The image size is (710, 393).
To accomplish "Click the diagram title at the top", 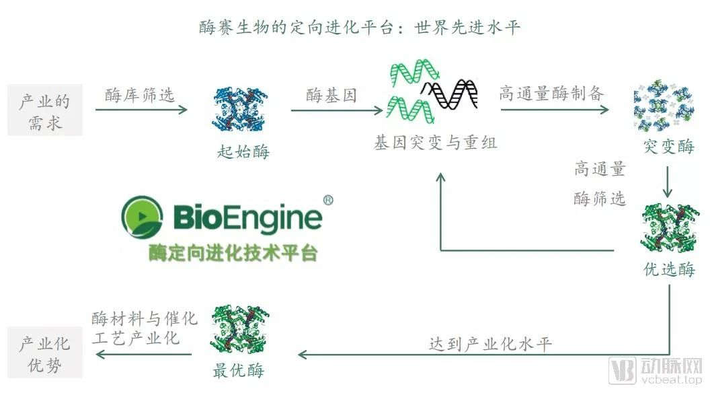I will coord(360,28).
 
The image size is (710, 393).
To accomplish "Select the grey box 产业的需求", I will coord(44,111).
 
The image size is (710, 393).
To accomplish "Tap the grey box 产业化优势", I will coord(44,354).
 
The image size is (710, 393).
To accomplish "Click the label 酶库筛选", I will coord(140,95).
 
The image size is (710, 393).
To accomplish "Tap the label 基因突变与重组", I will coord(436,143).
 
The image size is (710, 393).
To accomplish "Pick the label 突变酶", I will coord(668,147).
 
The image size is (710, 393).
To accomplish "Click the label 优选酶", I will coord(668,270).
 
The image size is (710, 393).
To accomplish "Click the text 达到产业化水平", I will coord(490,344).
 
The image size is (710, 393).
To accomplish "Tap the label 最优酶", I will coord(239,370).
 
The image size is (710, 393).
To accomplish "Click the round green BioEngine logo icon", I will coord(142,217).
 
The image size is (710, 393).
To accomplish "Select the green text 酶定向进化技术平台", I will coord(233,252).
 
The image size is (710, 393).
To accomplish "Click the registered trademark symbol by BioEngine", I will coord(328,200).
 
